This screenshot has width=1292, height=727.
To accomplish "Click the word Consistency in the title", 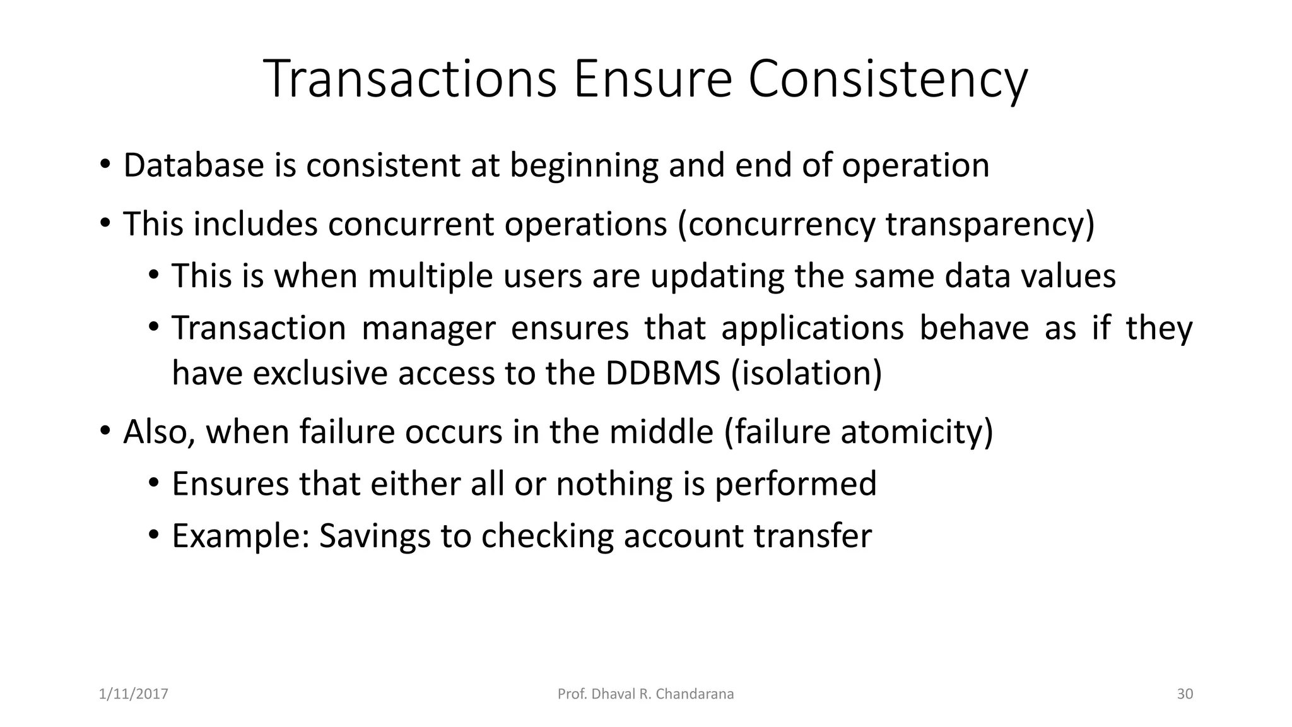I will coord(888,80).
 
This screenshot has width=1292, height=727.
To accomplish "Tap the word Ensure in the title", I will coord(652,80).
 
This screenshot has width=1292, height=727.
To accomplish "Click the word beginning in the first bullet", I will coord(584,167).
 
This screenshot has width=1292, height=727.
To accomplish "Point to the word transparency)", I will coord(990,225).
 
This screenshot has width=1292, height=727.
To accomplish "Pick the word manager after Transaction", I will coord(428,329).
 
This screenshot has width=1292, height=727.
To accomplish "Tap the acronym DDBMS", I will coord(663,373).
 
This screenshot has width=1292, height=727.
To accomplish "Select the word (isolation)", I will coord(806,373).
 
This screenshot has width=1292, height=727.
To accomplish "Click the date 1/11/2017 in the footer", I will coord(134,694).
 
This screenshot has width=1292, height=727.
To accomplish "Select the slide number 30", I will coord(1185,694).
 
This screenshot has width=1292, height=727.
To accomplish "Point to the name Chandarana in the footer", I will coord(695,694).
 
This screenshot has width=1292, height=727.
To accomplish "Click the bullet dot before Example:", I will coord(153,536).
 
